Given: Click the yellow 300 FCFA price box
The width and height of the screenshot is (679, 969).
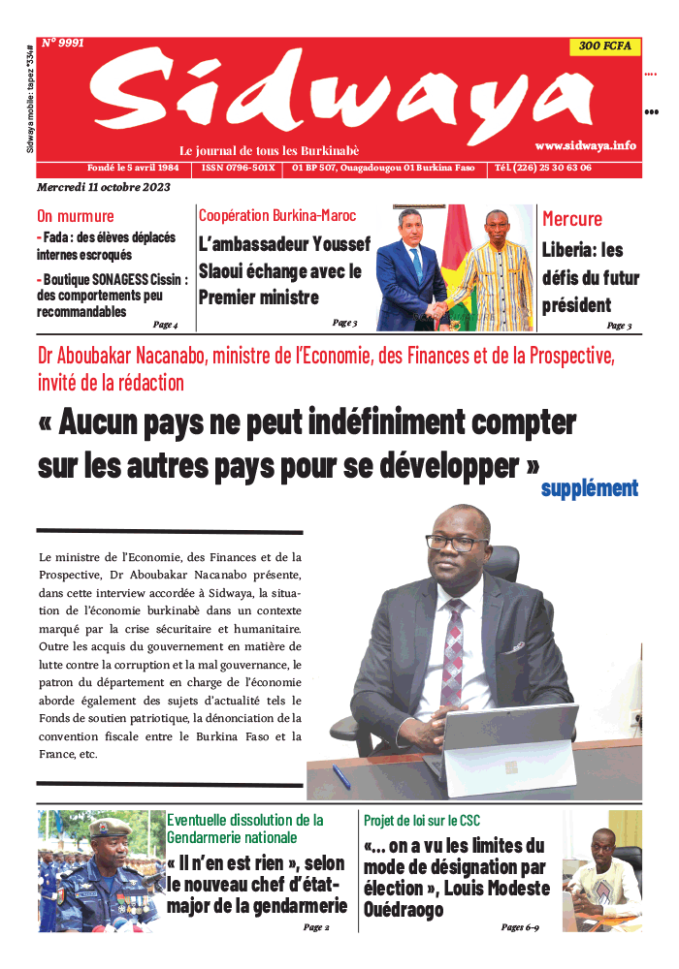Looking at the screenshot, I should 604,47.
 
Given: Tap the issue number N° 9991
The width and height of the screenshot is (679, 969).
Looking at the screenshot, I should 63,44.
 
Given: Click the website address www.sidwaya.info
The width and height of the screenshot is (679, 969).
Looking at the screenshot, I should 585,144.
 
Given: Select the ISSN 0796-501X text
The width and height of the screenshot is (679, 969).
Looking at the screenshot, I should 239,168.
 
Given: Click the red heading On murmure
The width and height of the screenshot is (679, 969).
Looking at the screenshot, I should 75,216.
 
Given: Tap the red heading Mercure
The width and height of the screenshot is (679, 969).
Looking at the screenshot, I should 572,219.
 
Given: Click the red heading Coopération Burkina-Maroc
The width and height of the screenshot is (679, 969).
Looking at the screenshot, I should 277,215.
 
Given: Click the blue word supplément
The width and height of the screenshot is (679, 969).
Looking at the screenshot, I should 590,488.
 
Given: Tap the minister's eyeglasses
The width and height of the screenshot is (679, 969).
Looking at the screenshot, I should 456,543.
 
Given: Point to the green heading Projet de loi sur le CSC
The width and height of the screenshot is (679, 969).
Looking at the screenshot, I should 422,821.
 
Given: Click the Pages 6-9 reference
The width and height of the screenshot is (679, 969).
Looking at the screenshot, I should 520,927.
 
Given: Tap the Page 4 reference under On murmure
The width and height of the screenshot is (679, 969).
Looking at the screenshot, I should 165,325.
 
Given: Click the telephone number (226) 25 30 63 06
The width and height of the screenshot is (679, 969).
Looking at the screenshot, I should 543,168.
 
